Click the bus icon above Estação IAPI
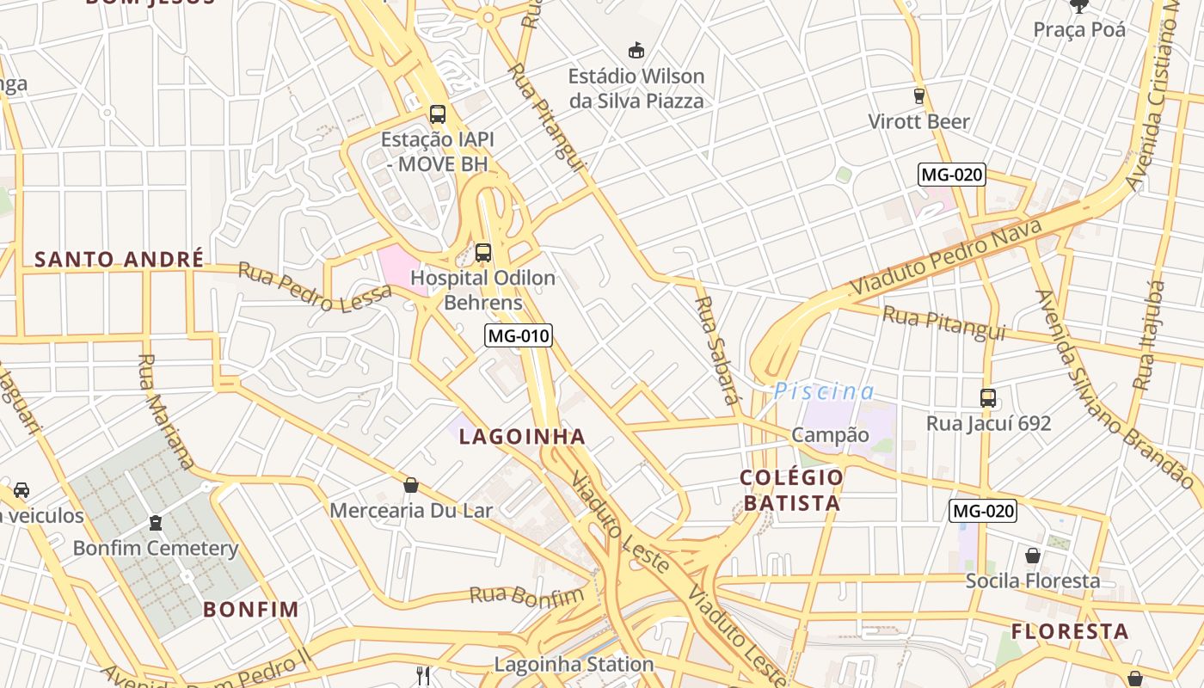(438, 114)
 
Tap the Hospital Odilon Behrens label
(482, 291)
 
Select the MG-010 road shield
(518, 335)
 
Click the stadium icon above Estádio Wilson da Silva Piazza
(636, 51)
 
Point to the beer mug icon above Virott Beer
(918, 95)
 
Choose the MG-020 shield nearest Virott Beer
(951, 175)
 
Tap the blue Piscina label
(824, 392)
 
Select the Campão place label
(830, 435)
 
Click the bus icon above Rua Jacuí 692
(988, 398)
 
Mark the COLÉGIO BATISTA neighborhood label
(792, 490)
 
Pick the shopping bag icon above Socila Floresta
(1032, 556)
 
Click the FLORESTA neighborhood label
(1070, 632)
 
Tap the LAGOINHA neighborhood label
(522, 437)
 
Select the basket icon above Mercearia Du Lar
(411, 485)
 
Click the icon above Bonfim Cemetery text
(156, 523)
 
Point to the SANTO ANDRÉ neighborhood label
(120, 259)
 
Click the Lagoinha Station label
(574, 664)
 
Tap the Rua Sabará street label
(717, 350)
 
